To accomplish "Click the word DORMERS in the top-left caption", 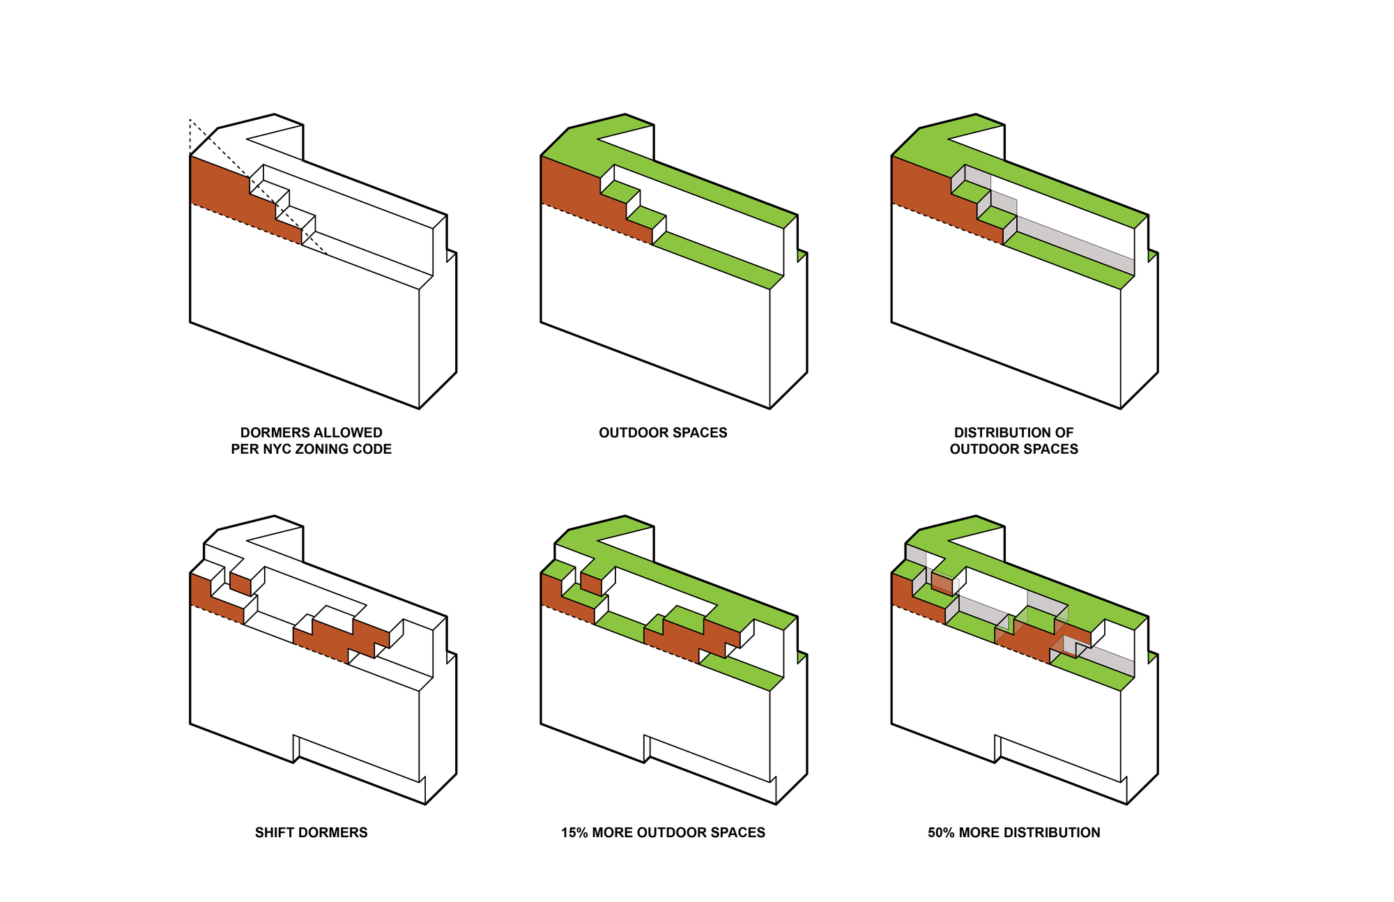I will click(x=270, y=433).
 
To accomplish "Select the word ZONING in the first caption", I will click(x=324, y=450).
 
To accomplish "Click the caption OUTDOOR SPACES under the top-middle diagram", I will click(x=663, y=433).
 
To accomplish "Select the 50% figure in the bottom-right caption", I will click(x=942, y=832).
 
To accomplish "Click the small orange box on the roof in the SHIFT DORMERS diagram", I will click(x=240, y=584).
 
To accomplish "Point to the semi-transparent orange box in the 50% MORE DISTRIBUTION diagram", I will click(x=942, y=583).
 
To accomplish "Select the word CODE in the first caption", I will click(x=374, y=450).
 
